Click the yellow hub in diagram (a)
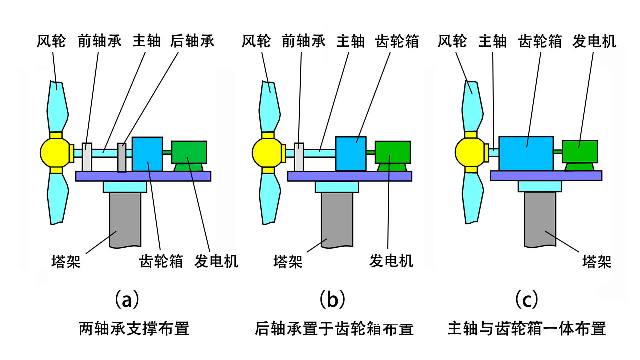coord(56,153)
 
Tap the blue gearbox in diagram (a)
coord(147,154)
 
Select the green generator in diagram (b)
coord(393,153)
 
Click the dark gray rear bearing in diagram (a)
coord(122,157)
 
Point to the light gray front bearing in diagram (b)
coord(299,156)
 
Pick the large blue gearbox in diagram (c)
coord(526,153)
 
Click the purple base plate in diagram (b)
coord(350,176)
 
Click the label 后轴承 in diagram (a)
coord(192,41)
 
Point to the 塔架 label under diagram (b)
coord(288,261)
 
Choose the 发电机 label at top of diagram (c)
coord(594,41)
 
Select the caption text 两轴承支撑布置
coord(134,329)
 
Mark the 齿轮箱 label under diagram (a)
coord(161,261)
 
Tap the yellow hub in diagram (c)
coord(470,152)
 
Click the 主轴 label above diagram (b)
coord(351,41)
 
